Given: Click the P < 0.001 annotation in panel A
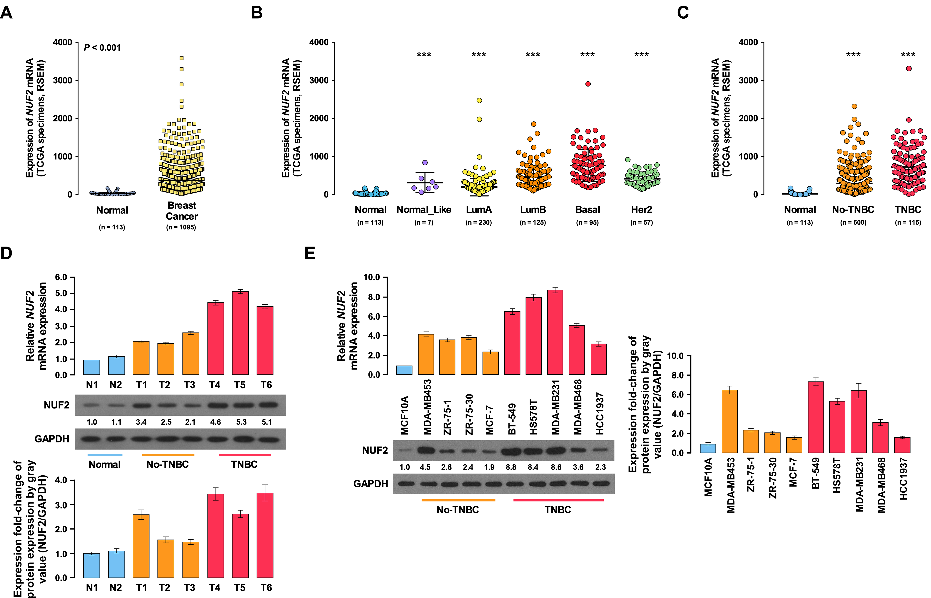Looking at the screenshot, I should [x=102, y=48].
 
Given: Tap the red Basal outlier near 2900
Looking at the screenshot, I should [x=588, y=84].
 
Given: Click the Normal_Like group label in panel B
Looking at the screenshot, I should [x=424, y=210].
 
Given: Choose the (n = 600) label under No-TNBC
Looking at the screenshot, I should [x=853, y=223].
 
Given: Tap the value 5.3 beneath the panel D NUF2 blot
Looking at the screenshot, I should [x=241, y=422].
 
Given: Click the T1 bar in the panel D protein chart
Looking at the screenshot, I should [x=141, y=546].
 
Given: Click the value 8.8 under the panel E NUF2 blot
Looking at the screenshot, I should [x=511, y=467].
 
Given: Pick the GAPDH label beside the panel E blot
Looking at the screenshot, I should [x=371, y=484].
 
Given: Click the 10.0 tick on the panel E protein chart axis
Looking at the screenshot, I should [x=675, y=356].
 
